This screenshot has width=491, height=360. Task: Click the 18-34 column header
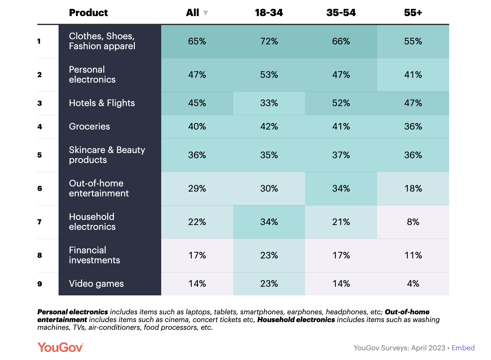pos(269,13)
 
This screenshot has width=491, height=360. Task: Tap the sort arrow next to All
pos(206,13)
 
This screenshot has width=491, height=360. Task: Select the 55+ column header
pos(413,13)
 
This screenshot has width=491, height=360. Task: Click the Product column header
pos(88,13)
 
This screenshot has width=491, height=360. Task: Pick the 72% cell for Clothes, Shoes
pos(269,41)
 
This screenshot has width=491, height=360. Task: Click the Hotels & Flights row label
pos(102,103)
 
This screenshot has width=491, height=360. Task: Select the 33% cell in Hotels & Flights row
pos(269,103)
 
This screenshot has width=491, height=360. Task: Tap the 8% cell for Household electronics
pos(413,222)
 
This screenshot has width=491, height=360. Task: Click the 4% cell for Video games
pos(413,284)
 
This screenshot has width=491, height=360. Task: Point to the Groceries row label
pos(89,127)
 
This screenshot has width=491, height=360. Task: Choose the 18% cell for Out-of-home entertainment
pos(413,189)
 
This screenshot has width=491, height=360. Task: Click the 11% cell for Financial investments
pos(413,256)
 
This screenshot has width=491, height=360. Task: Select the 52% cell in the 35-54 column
pos(341,103)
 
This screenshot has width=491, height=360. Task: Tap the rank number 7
pos(40,222)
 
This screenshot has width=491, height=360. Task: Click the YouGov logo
pos(60,347)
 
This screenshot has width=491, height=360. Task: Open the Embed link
pos(463,348)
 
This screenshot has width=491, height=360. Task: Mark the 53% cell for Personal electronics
pos(269,75)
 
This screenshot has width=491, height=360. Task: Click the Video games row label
pos(96,284)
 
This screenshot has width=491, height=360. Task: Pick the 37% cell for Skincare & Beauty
pos(341,155)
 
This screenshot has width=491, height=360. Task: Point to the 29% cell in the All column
pos(197,189)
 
